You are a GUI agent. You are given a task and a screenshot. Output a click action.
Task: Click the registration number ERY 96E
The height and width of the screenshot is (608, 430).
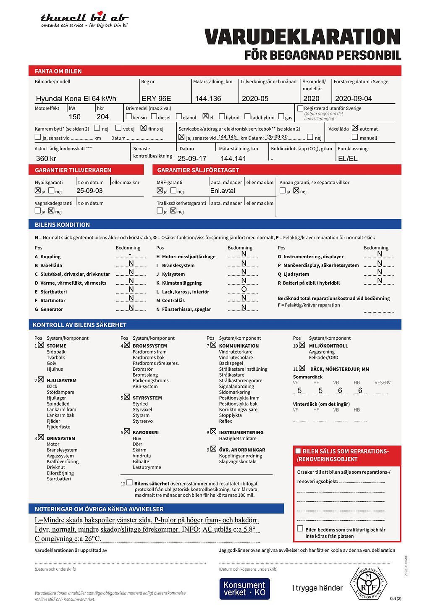click(156, 98)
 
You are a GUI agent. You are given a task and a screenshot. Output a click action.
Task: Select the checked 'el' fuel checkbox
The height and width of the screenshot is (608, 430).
click(205, 116)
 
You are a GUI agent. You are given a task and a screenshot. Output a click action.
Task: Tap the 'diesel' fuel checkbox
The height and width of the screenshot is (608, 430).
click(154, 116)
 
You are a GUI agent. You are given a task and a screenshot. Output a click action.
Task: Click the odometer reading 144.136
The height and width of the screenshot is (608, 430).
click(208, 98)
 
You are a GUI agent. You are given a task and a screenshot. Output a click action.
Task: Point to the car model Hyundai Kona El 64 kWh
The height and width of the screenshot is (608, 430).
click(76, 98)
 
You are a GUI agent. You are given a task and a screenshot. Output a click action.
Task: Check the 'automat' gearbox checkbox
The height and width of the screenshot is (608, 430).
click(355, 128)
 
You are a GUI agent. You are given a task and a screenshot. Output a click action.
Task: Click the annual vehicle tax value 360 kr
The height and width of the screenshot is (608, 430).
click(46, 158)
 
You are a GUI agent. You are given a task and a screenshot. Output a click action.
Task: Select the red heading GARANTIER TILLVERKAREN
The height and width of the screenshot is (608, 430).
click(73, 170)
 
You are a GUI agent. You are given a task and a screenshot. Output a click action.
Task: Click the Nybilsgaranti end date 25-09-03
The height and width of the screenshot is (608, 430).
click(89, 191)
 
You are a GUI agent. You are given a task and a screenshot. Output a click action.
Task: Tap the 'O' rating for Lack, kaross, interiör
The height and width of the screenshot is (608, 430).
click(244, 289)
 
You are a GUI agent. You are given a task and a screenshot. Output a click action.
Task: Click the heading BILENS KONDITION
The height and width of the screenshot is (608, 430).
click(62, 225)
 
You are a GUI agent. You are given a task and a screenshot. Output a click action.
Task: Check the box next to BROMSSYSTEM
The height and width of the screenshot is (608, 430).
click(127, 345)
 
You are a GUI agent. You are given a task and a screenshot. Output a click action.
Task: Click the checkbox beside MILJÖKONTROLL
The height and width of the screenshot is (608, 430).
click(302, 345)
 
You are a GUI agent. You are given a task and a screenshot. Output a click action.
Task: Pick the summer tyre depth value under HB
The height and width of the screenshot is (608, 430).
click(360, 390)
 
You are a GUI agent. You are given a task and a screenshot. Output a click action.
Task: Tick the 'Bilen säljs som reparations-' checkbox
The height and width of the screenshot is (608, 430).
click(298, 451)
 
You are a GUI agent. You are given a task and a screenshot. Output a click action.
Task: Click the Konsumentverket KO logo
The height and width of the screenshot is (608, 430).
click(244, 589)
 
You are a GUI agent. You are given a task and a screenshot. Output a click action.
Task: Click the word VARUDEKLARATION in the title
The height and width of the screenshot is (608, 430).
click(302, 37)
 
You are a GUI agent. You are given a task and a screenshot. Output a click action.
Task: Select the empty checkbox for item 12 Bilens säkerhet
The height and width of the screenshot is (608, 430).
click(129, 483)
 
